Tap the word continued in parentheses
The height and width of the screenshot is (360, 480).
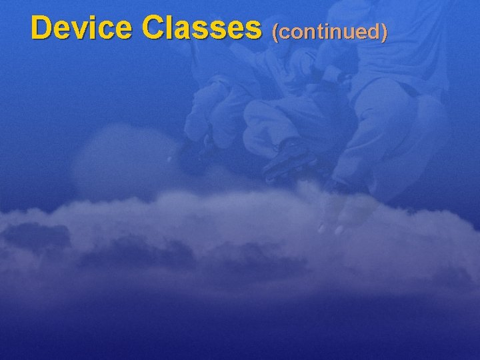point(329,31)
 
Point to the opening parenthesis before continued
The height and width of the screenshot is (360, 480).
point(275,31)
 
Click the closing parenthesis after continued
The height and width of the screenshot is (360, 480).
point(384,31)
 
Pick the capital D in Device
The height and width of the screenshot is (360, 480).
point(42,28)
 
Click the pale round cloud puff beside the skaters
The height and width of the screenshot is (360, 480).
point(113,160)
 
